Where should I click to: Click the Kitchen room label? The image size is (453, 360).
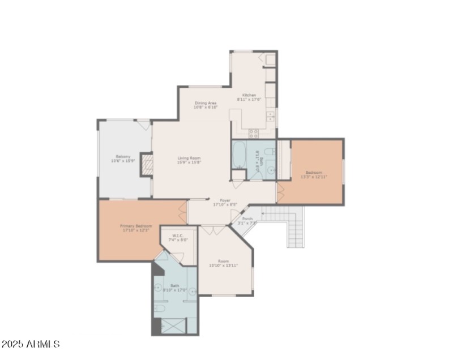pyautogui.click(x=249, y=95)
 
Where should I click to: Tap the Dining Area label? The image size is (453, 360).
pyautogui.click(x=206, y=103)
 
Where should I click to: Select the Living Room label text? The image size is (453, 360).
pyautogui.click(x=189, y=158)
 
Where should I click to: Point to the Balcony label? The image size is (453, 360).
pyautogui.click(x=123, y=157)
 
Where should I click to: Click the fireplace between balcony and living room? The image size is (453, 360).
pyautogui.click(x=147, y=165)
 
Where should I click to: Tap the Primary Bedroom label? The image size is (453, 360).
pyautogui.click(x=136, y=226)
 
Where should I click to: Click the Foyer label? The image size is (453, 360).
pyautogui.click(x=225, y=200)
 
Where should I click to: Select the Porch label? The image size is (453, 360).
pyautogui.click(x=247, y=218)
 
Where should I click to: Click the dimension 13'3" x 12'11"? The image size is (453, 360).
pyautogui.click(x=314, y=177)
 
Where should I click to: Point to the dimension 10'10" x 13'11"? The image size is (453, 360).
pyautogui.click(x=224, y=265)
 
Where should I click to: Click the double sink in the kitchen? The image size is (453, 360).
pyautogui.click(x=271, y=117)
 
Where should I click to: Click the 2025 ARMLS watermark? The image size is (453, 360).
pyautogui.click(x=31, y=344)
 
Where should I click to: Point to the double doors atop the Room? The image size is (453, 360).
pyautogui.click(x=213, y=230)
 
